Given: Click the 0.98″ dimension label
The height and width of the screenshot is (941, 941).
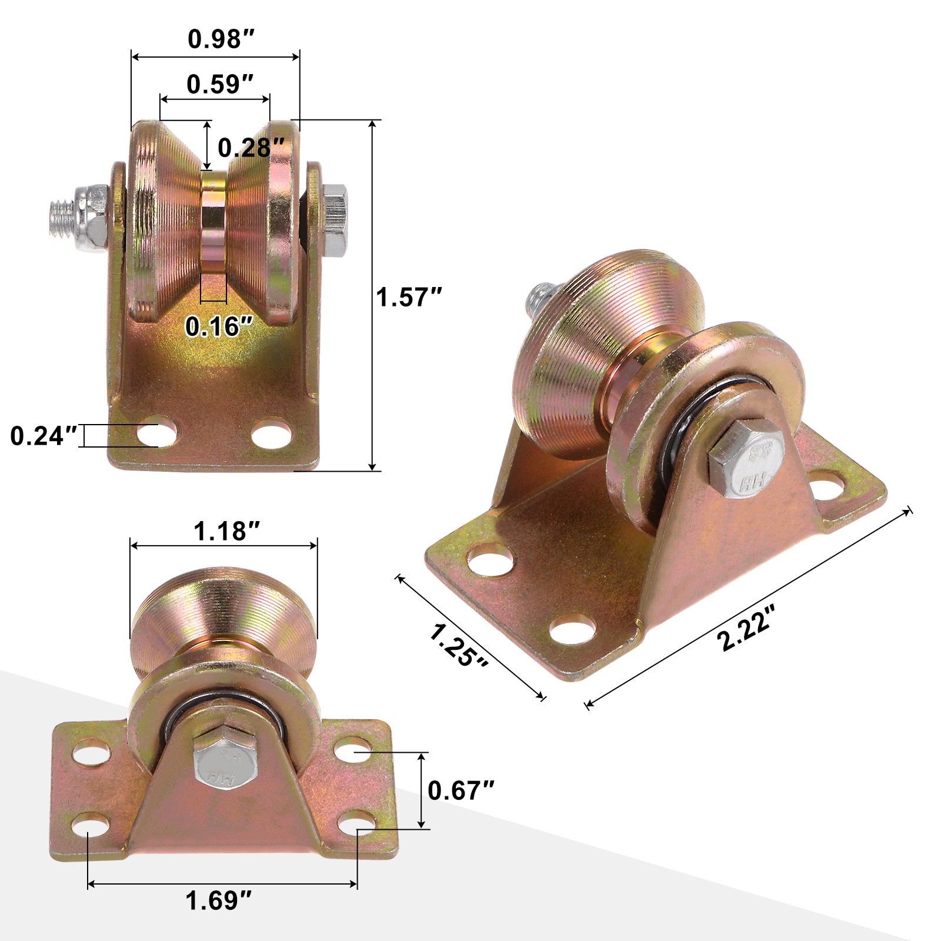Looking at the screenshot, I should pos(221,39).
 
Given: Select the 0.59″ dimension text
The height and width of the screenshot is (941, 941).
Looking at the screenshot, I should pos(220,85).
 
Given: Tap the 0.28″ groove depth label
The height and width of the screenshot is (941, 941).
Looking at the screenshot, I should pos(251,148).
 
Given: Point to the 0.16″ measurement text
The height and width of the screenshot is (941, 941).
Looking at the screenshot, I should pos(219,326).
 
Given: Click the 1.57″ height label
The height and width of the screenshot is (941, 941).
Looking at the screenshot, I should pos(409,297).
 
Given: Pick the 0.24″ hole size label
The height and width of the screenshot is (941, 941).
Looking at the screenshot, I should pos(44,436).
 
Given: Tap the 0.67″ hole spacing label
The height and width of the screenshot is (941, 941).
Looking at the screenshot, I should pos(461,790).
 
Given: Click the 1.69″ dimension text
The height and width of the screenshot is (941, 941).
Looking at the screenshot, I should pos(219,900).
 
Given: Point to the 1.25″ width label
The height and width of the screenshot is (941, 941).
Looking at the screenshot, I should pos(459,645).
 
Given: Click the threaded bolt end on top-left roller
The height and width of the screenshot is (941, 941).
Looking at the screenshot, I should pos(62,215).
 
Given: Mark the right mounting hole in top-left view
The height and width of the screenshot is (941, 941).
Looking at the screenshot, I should pos(272,433).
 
